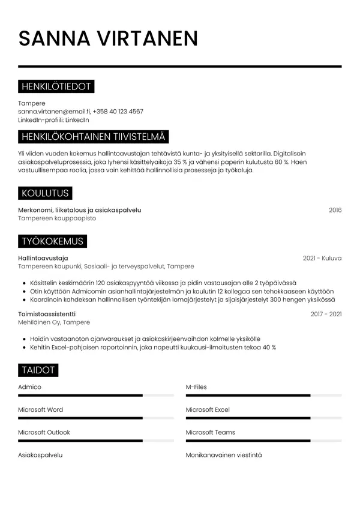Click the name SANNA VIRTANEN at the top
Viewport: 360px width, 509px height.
tap(108, 39)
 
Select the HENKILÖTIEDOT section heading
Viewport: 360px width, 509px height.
tap(56, 87)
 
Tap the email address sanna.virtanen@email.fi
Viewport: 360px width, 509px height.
tap(53, 112)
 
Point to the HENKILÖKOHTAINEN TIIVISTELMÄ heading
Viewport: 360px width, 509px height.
tap(94, 137)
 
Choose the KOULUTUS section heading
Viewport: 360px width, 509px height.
tap(45, 193)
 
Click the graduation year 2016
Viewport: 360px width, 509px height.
tap(335, 210)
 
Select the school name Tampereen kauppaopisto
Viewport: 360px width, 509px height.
tap(57, 218)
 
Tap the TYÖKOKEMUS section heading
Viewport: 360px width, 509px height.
tap(52, 241)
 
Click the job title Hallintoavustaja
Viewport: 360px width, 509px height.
tap(43, 258)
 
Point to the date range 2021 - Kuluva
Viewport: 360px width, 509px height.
tap(322, 258)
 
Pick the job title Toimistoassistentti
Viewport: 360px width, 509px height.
tap(47, 314)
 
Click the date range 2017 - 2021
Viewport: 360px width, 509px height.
tap(326, 314)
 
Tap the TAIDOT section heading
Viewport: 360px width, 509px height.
tap(38, 370)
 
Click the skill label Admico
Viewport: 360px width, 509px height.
tap(29, 387)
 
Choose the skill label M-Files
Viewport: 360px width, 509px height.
tap(196, 387)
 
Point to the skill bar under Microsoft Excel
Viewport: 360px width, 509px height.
tap(263, 418)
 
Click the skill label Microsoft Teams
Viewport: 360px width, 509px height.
tap(210, 432)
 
